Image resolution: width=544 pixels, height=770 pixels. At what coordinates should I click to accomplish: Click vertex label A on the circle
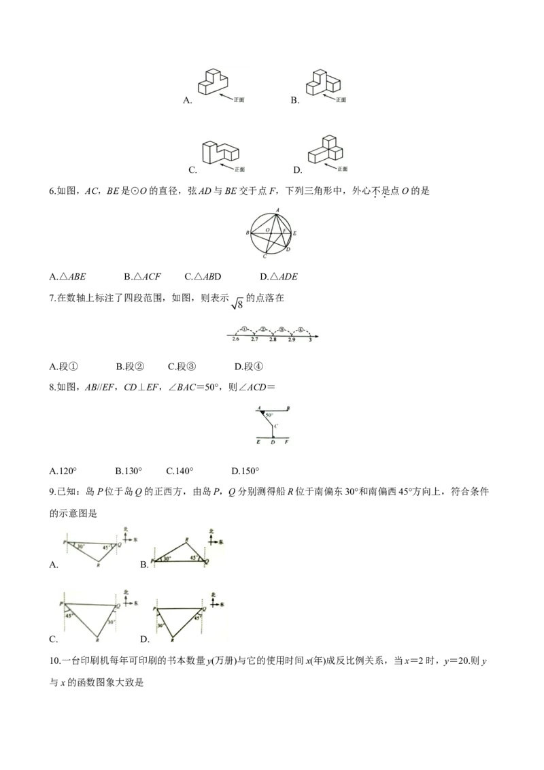[277, 210]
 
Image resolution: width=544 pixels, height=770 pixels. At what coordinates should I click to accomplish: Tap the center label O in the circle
[267, 231]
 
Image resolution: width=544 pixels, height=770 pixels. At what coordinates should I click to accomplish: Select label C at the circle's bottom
[264, 257]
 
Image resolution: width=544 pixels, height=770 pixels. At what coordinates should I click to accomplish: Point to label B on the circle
[248, 233]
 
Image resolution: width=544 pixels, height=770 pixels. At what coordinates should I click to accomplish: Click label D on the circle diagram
[288, 250]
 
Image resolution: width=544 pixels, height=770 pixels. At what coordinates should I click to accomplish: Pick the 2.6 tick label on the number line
[236, 339]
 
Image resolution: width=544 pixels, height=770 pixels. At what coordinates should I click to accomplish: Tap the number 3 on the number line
[310, 339]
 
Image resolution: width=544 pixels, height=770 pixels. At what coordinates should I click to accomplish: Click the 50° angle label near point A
[269, 414]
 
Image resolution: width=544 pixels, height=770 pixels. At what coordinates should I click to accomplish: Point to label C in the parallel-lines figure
[275, 426]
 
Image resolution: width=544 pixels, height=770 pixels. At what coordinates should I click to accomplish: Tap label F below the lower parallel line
[286, 443]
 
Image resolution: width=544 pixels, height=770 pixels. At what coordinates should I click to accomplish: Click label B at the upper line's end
[288, 408]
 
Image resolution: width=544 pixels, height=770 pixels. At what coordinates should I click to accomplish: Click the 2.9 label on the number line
[292, 339]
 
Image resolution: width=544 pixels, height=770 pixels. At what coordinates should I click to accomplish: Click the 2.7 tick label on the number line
[254, 339]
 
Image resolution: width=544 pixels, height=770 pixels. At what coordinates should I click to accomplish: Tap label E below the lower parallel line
[258, 443]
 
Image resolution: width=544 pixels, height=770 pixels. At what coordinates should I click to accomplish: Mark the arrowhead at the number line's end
[317, 335]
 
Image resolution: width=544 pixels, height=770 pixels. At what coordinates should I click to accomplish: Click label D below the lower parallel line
[273, 443]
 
